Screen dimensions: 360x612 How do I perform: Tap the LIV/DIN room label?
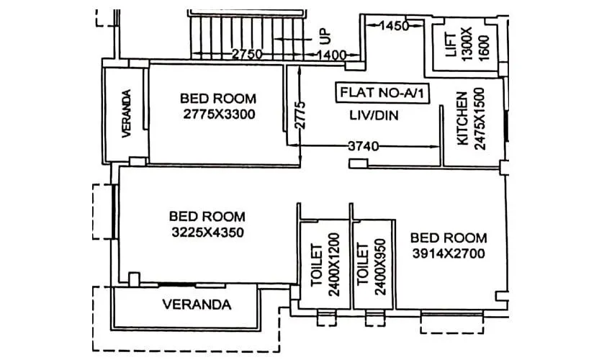[374, 114]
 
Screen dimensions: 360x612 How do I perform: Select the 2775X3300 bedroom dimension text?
[218, 114]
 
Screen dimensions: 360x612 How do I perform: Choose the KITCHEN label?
[462, 119]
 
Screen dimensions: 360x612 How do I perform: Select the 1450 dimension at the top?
[395, 26]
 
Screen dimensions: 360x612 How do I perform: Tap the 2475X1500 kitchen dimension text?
[480, 119]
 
